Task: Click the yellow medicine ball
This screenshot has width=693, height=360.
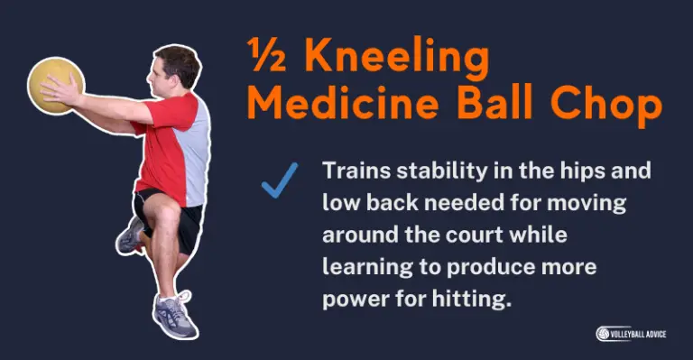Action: coord(55,86)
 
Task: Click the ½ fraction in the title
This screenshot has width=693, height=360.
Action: coord(270,59)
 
